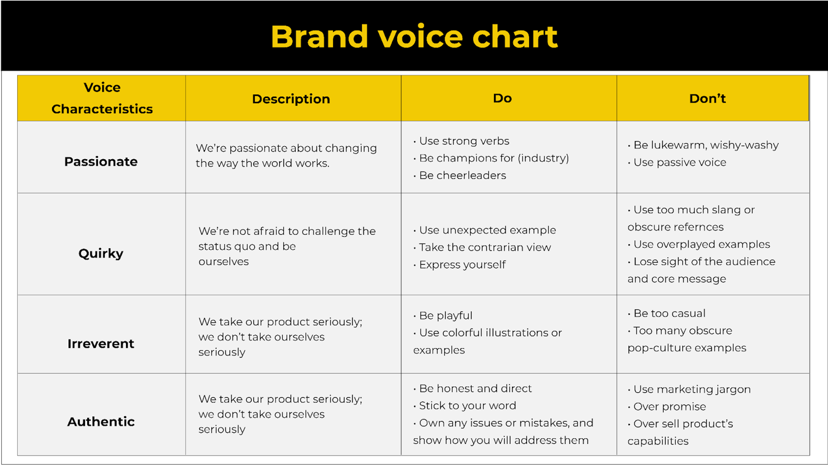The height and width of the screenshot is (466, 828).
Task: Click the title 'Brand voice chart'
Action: (414, 37)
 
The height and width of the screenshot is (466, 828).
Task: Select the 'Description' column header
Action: (291, 99)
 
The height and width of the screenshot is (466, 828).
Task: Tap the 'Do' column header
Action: (502, 98)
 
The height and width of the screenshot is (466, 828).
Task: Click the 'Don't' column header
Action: (707, 99)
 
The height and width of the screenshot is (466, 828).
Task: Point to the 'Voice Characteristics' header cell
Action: (102, 98)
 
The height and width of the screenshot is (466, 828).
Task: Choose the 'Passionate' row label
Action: (101, 161)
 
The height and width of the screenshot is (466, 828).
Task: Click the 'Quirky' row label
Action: (101, 253)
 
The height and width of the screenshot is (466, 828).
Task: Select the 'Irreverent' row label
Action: (101, 343)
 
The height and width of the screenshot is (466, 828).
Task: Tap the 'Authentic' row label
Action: (101, 422)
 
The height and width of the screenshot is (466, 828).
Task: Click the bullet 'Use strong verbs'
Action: (464, 141)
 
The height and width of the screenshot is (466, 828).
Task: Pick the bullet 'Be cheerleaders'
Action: (462, 176)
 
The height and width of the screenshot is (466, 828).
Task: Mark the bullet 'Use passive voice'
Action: (680, 163)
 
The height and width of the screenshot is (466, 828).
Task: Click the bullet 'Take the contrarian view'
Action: (485, 247)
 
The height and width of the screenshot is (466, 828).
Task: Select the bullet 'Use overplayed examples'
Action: (701, 244)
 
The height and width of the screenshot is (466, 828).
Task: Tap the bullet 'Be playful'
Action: (445, 315)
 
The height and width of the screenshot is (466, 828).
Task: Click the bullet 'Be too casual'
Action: (669, 313)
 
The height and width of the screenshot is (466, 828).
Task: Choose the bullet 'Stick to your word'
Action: (467, 406)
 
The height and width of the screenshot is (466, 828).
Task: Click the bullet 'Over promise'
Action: (669, 406)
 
